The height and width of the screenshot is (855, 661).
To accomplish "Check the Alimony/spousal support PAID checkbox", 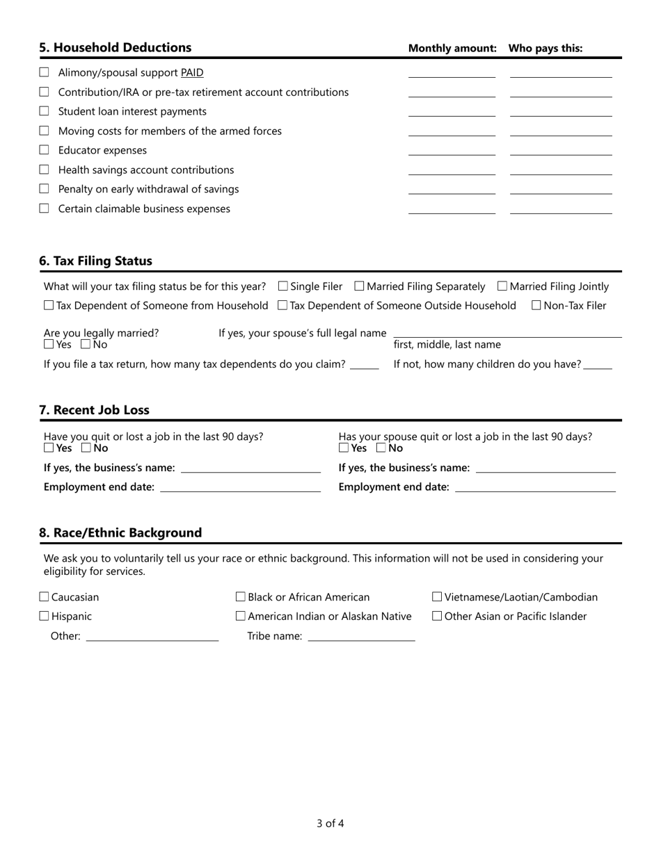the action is pos(45,72).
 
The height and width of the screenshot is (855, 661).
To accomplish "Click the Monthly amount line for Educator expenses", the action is pos(452,150).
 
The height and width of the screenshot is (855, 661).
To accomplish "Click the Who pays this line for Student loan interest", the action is pos(561,111).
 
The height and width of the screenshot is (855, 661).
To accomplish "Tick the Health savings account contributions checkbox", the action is pos(45,170).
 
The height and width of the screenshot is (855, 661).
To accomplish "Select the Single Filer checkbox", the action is pos(283,286).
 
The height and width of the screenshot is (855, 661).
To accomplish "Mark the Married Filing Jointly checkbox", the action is pos(502,286).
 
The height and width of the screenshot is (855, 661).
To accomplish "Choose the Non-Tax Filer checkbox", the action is pos(536,305).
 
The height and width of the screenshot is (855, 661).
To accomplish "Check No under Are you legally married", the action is pos(86,344).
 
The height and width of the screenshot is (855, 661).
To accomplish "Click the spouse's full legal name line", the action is pos(507,333).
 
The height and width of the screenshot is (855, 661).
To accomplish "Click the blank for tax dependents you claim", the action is pos(364,365).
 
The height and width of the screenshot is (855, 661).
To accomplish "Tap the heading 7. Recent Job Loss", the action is pos(94,410).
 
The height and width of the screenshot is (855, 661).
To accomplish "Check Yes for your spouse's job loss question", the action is pos(344,448).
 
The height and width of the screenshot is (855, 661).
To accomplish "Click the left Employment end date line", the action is pos(240,488).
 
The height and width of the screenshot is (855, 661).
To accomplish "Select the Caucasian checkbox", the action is pos(45,597).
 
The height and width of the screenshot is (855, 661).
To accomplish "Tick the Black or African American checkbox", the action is pos(241,597).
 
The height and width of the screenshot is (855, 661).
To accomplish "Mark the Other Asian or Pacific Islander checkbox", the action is pos(437,616).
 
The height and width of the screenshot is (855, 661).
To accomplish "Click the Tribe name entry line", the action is pos(360,637).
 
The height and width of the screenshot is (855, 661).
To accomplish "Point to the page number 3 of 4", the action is pos(330,824).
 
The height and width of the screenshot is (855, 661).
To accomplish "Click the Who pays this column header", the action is pos(545,49).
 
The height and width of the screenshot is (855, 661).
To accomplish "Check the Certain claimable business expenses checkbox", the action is pos(45,209).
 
